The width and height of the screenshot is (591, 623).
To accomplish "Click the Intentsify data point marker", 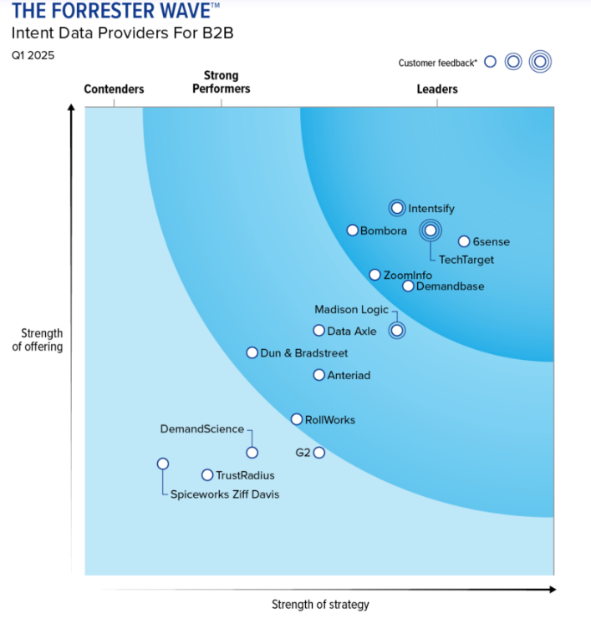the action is (x=397, y=208).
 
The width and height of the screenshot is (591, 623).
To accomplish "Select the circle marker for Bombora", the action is (x=353, y=230).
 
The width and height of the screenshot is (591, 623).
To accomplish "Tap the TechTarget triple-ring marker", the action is (x=431, y=230).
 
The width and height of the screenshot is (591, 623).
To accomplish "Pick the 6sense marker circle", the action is (x=464, y=241).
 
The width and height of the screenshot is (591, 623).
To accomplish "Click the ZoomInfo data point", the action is (x=374, y=275).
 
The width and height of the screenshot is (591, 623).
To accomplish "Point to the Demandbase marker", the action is (x=408, y=286).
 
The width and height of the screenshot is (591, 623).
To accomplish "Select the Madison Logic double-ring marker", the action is (x=397, y=330).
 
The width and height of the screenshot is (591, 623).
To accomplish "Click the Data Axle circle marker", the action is (x=319, y=330).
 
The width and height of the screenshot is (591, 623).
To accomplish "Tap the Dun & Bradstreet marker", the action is (x=252, y=352).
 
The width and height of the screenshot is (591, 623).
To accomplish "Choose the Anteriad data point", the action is (x=319, y=375).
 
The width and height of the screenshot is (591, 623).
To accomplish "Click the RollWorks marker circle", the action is (x=297, y=419).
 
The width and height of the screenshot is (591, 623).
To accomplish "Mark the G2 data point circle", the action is (x=319, y=453).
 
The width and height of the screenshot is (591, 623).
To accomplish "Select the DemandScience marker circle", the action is (x=252, y=453).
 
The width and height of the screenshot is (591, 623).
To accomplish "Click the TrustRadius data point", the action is (x=207, y=475).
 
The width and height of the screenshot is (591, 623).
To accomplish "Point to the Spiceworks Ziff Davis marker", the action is (x=163, y=463).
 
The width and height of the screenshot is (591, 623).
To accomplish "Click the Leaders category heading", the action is (x=437, y=89).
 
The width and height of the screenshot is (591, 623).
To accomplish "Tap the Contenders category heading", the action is (x=115, y=89).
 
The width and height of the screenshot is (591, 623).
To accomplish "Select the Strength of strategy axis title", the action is (x=320, y=605).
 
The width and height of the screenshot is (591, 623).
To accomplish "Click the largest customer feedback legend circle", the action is (x=540, y=62).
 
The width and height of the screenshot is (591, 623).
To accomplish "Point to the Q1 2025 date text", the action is (x=33, y=55).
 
